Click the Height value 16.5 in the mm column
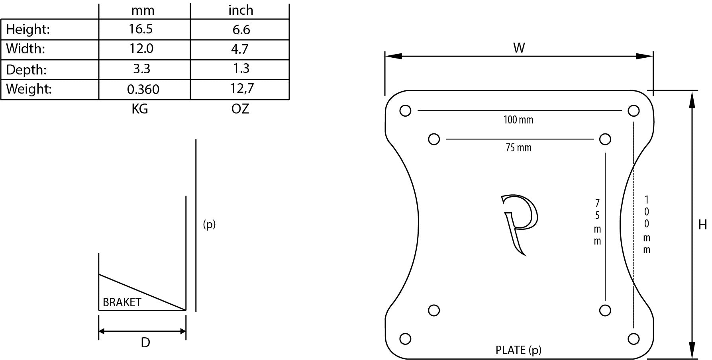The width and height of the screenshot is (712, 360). (x=141, y=29)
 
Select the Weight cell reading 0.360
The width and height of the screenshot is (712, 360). (x=143, y=89)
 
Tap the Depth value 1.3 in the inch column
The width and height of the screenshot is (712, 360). (x=241, y=68)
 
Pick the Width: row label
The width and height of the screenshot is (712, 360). (x=25, y=49)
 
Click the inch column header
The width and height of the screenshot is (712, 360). (x=241, y=10)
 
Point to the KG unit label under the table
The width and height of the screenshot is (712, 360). (x=140, y=109)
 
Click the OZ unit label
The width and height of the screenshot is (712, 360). (x=240, y=109)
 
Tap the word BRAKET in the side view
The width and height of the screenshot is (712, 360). (x=122, y=302)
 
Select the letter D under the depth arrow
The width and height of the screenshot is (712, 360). (x=145, y=342)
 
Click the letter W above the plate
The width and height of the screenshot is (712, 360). (x=519, y=48)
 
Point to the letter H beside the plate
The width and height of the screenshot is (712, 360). (x=702, y=225)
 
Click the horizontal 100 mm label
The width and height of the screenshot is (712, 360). (x=518, y=120)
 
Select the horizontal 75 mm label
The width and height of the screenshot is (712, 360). (x=518, y=148)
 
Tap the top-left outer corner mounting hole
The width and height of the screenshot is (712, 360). (x=405, y=111)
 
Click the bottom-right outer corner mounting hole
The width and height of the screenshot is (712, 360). (x=634, y=339)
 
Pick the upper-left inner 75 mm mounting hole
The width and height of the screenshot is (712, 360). (x=434, y=139)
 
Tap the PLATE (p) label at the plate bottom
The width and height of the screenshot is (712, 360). (x=518, y=350)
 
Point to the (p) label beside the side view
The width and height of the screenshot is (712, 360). (x=209, y=224)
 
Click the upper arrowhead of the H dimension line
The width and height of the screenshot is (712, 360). (x=692, y=100)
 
